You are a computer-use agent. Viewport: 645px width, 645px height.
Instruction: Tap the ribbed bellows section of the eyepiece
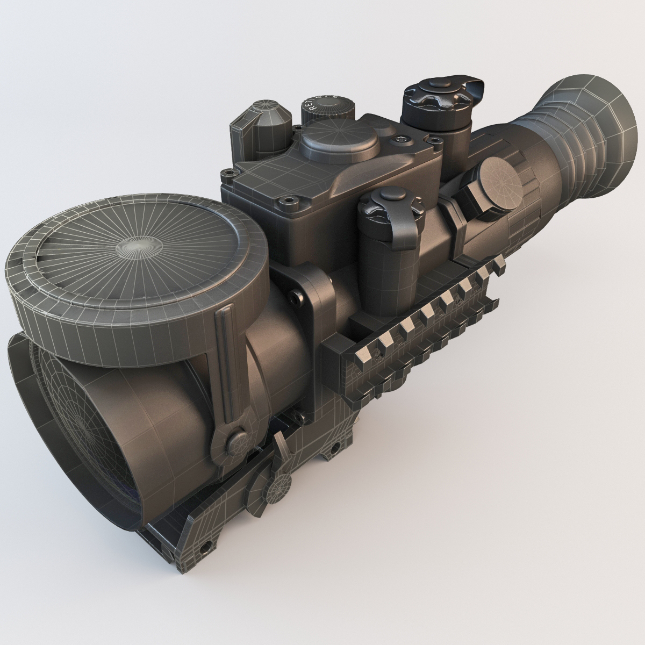pyautogui.click(x=559, y=140)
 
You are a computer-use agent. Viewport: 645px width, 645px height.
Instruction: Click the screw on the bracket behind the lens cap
pyautogui.click(x=293, y=295)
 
